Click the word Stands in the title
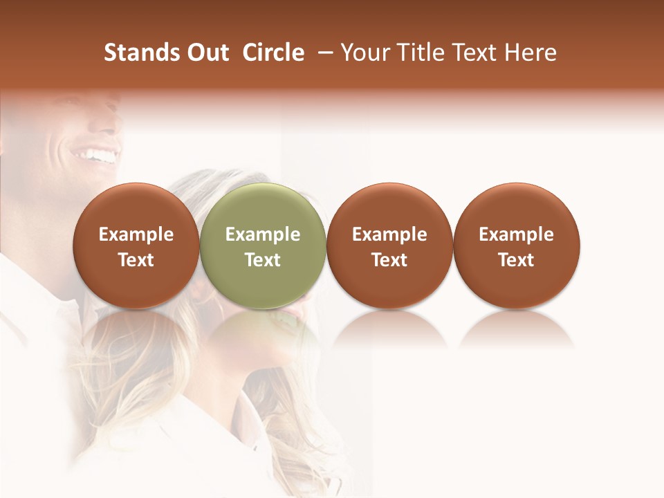click(136, 53)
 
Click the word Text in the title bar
click(477, 53)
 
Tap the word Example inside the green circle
click(263, 234)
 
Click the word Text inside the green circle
click(263, 260)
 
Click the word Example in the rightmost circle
click(517, 234)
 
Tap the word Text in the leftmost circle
click(136, 260)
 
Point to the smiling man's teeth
click(98, 154)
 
